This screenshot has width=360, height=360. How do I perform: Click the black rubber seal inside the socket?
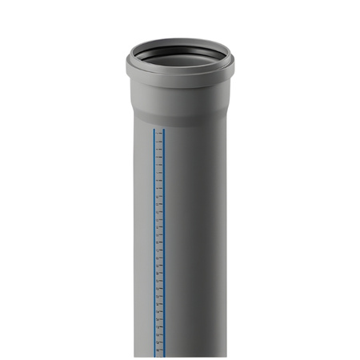[180, 59]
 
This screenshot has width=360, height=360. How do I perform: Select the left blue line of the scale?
[153, 240]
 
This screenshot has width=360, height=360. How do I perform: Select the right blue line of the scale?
[164, 240]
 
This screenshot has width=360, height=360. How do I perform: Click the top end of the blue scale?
[158, 129]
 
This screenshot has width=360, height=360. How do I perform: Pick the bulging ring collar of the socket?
[180, 81]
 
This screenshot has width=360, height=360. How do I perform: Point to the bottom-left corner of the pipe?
[134, 357]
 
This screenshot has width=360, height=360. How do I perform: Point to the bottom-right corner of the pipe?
[226, 357]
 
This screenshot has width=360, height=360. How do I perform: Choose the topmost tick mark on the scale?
[160, 133]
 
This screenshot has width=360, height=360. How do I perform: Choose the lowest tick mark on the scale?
[160, 352]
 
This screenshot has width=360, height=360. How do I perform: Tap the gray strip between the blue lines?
[158, 240]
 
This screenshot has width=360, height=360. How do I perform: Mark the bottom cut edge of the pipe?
[180, 357]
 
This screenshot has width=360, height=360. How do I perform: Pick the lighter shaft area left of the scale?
[142, 240]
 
